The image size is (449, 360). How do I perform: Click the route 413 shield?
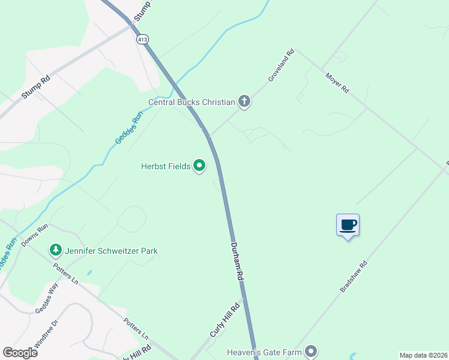tap(142, 39)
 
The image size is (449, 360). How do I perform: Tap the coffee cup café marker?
tap(348, 226)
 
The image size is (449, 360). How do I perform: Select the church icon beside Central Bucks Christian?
tap(244, 101)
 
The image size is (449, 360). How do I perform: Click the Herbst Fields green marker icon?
tap(199, 166)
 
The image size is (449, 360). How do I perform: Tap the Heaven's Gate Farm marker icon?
tap(310, 352)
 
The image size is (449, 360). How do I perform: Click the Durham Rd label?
tap(238, 262)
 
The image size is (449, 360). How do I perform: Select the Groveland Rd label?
tap(281, 65)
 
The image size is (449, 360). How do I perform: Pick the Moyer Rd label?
tap(337, 83)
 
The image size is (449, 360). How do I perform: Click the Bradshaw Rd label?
tap(353, 276)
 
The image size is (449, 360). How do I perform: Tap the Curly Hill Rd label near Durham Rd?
tap(224, 320)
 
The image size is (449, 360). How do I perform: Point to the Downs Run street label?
tap(34, 235)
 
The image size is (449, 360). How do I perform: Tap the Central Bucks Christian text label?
tap(191, 102)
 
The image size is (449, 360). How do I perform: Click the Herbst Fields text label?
tap(166, 166)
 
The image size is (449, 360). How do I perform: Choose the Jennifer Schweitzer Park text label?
tap(112, 250)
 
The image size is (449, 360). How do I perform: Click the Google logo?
tap(20, 353)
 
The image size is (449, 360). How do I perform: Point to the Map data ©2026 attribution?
tap(423, 355)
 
